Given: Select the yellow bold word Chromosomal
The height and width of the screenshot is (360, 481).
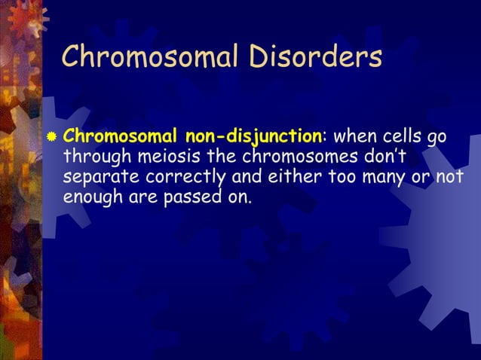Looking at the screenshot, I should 120,137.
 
